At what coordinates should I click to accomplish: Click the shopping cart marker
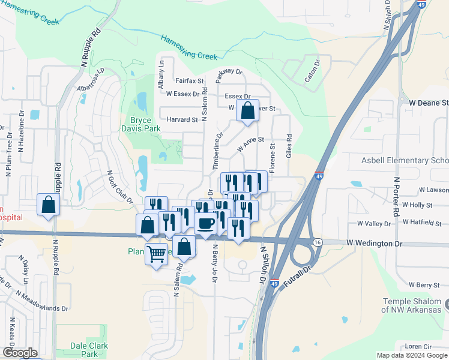156,255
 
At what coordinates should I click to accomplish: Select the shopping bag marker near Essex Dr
247,110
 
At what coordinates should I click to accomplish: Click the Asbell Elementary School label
405,160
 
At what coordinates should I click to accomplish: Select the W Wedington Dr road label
373,244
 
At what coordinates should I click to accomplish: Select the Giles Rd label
289,146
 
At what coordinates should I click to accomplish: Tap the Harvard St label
182,119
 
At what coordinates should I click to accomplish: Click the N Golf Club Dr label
119,187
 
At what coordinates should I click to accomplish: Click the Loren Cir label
418,347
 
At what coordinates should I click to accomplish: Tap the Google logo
20,353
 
